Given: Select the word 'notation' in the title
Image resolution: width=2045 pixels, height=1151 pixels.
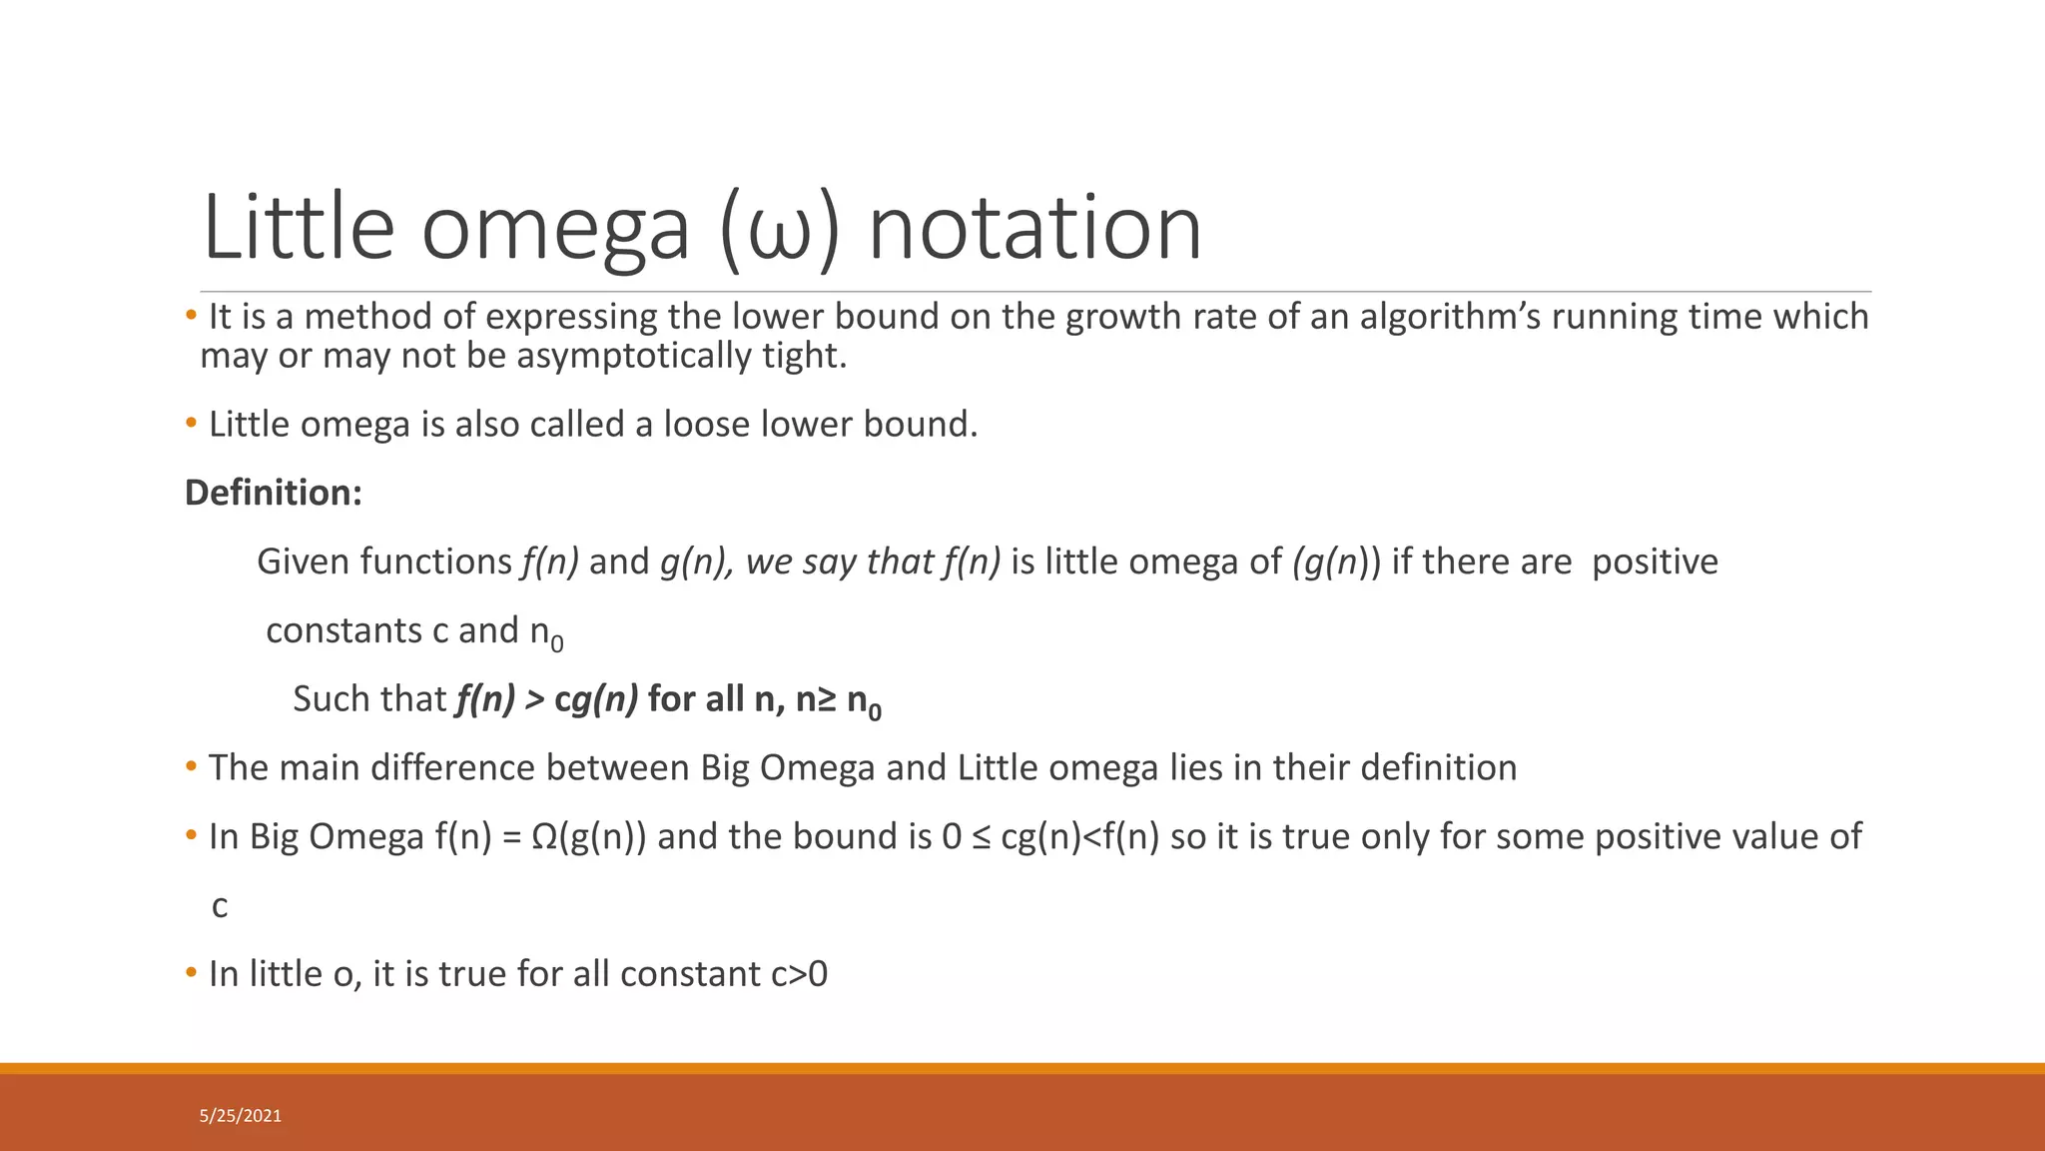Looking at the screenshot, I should click(x=1034, y=230).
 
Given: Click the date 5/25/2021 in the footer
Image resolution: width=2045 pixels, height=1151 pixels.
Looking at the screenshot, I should click(x=241, y=1116).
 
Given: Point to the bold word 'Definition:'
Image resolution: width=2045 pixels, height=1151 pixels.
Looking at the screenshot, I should click(x=274, y=493).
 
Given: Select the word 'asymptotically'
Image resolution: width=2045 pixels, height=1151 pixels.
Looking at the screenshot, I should click(x=633, y=356).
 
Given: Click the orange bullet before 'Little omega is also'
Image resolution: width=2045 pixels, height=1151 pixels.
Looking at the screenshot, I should click(x=192, y=424).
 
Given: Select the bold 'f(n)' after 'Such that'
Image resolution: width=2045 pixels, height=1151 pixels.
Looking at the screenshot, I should click(x=485, y=699).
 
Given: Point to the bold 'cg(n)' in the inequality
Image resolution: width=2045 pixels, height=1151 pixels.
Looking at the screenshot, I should click(x=596, y=699).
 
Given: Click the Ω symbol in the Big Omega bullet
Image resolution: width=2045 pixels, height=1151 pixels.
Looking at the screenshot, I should click(x=545, y=837).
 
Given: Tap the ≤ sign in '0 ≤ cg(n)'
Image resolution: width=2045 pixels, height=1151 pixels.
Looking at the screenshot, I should click(x=982, y=837).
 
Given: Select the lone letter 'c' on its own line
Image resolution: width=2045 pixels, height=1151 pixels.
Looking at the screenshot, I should click(x=220, y=906).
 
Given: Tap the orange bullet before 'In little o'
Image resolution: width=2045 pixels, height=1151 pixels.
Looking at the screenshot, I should click(x=192, y=973).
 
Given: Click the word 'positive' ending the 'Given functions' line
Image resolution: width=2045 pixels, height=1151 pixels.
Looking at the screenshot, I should click(x=1655, y=562).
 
